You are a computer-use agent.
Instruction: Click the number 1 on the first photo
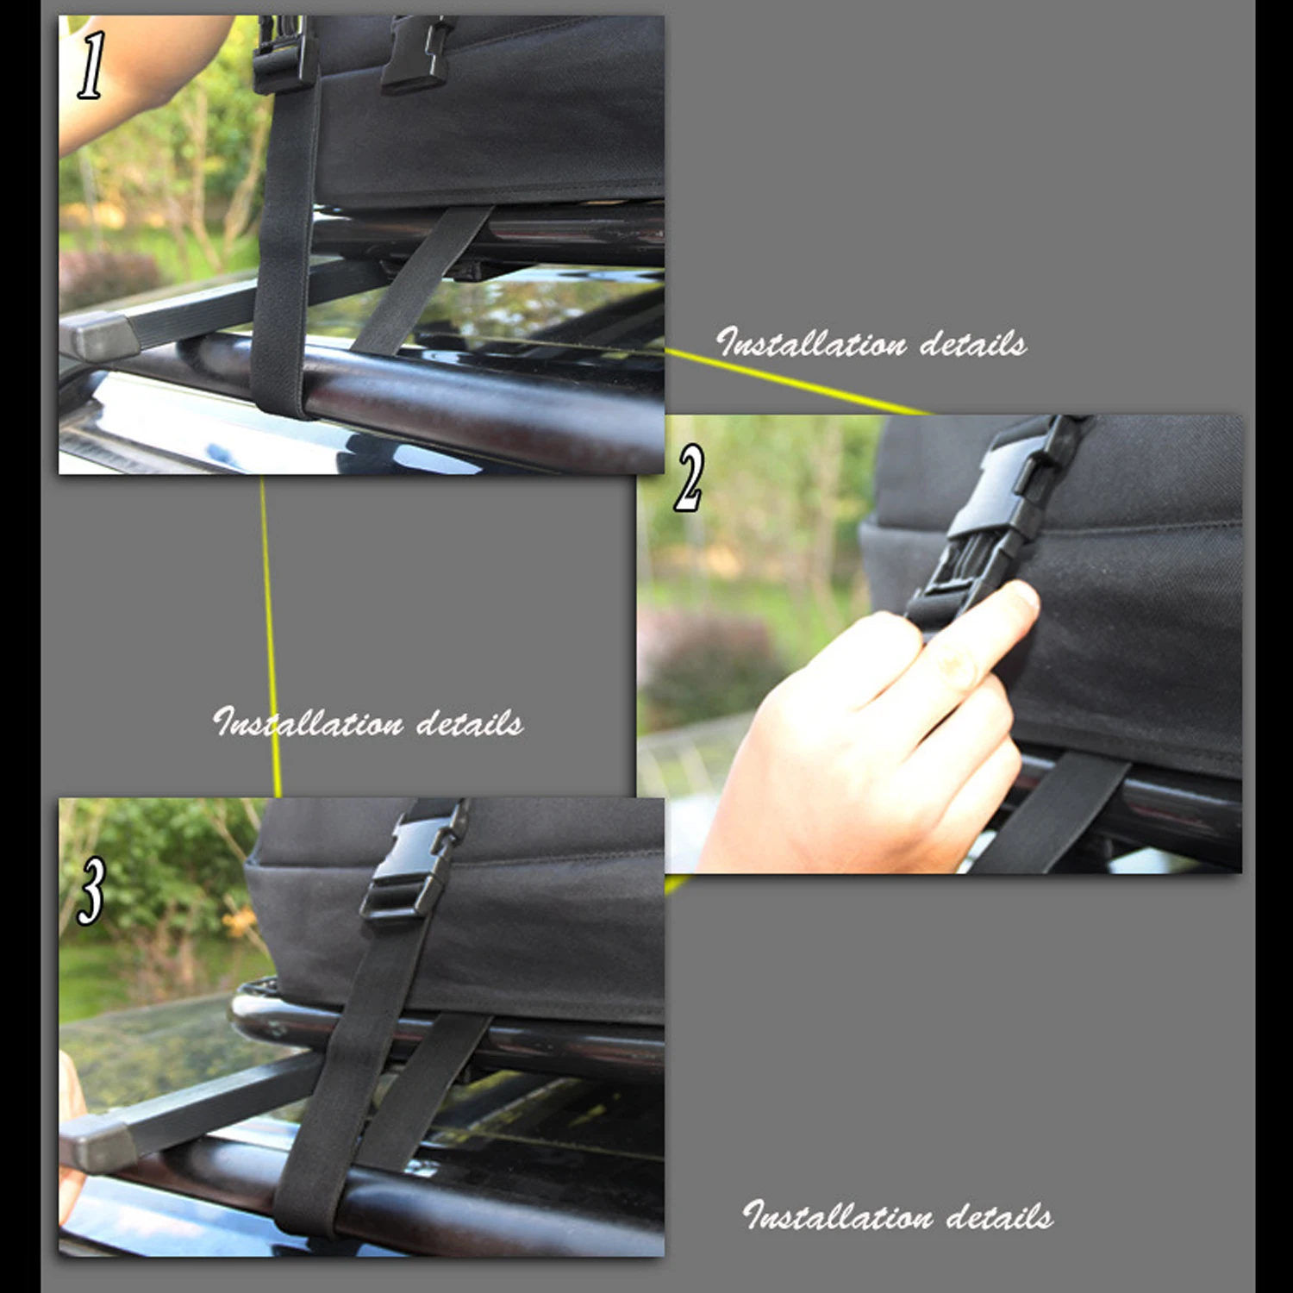pyautogui.click(x=91, y=66)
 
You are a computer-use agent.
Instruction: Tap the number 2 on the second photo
pyautogui.click(x=689, y=478)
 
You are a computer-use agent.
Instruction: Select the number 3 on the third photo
pyautogui.click(x=91, y=890)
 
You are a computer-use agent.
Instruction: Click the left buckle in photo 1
pyautogui.click(x=284, y=53)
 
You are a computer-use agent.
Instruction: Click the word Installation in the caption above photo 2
pyautogui.click(x=811, y=344)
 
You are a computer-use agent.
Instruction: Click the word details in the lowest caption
pyautogui.click(x=999, y=1216)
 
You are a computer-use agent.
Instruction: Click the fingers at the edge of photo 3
pyautogui.click(x=71, y=1121)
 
